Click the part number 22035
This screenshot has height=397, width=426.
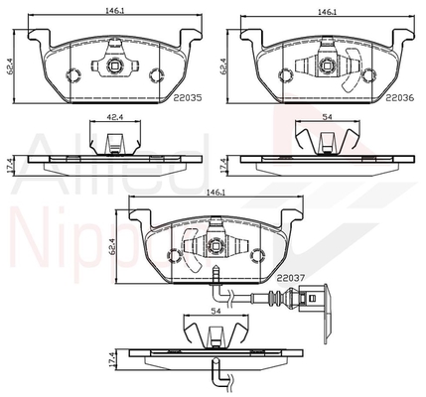[188, 97]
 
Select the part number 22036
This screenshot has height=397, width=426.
[400, 97]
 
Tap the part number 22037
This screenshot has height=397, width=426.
[291, 278]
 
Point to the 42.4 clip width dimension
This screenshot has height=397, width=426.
[115, 117]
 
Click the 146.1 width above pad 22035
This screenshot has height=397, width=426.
[115, 11]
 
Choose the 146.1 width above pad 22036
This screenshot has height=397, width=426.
[327, 12]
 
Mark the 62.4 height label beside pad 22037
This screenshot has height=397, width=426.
[111, 247]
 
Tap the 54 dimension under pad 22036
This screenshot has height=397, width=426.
[328, 117]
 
